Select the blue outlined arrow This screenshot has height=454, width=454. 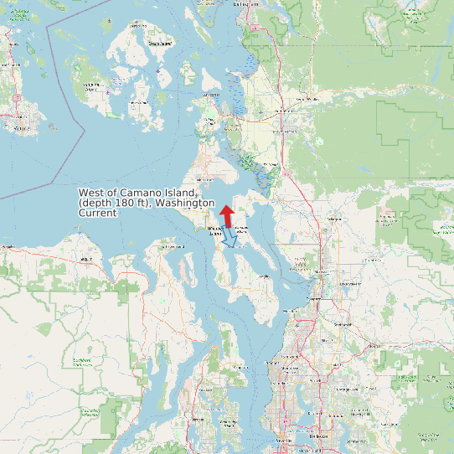coord(231,240)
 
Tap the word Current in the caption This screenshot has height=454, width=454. coord(97,214)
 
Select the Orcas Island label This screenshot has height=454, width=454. coord(159,43)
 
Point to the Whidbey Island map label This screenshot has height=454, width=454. coord(215,230)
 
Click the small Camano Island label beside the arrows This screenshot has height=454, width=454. coord(243,229)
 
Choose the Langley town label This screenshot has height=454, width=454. coord(265,276)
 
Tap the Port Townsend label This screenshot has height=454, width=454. coord(171,247)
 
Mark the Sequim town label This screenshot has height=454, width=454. coord(84,260)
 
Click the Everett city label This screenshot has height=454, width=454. coord(316,298)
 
